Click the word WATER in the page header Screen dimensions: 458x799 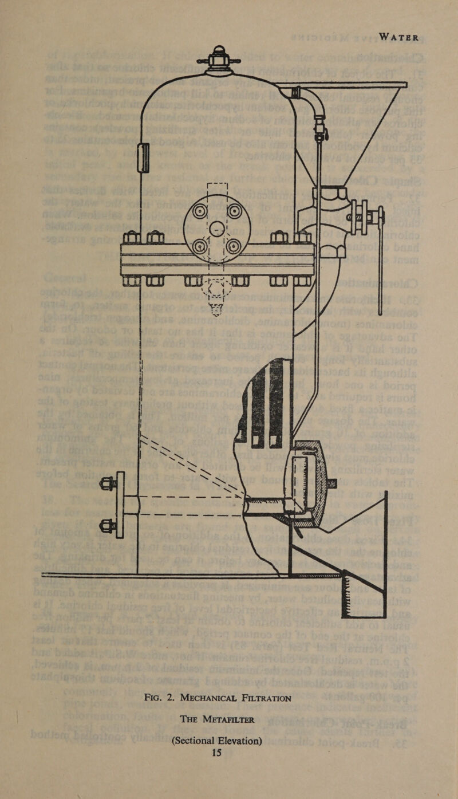click(399, 37)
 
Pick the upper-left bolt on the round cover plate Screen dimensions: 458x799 click(199, 211)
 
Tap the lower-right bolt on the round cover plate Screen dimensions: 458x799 click(234, 246)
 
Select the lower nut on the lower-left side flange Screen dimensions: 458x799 click(107, 524)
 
